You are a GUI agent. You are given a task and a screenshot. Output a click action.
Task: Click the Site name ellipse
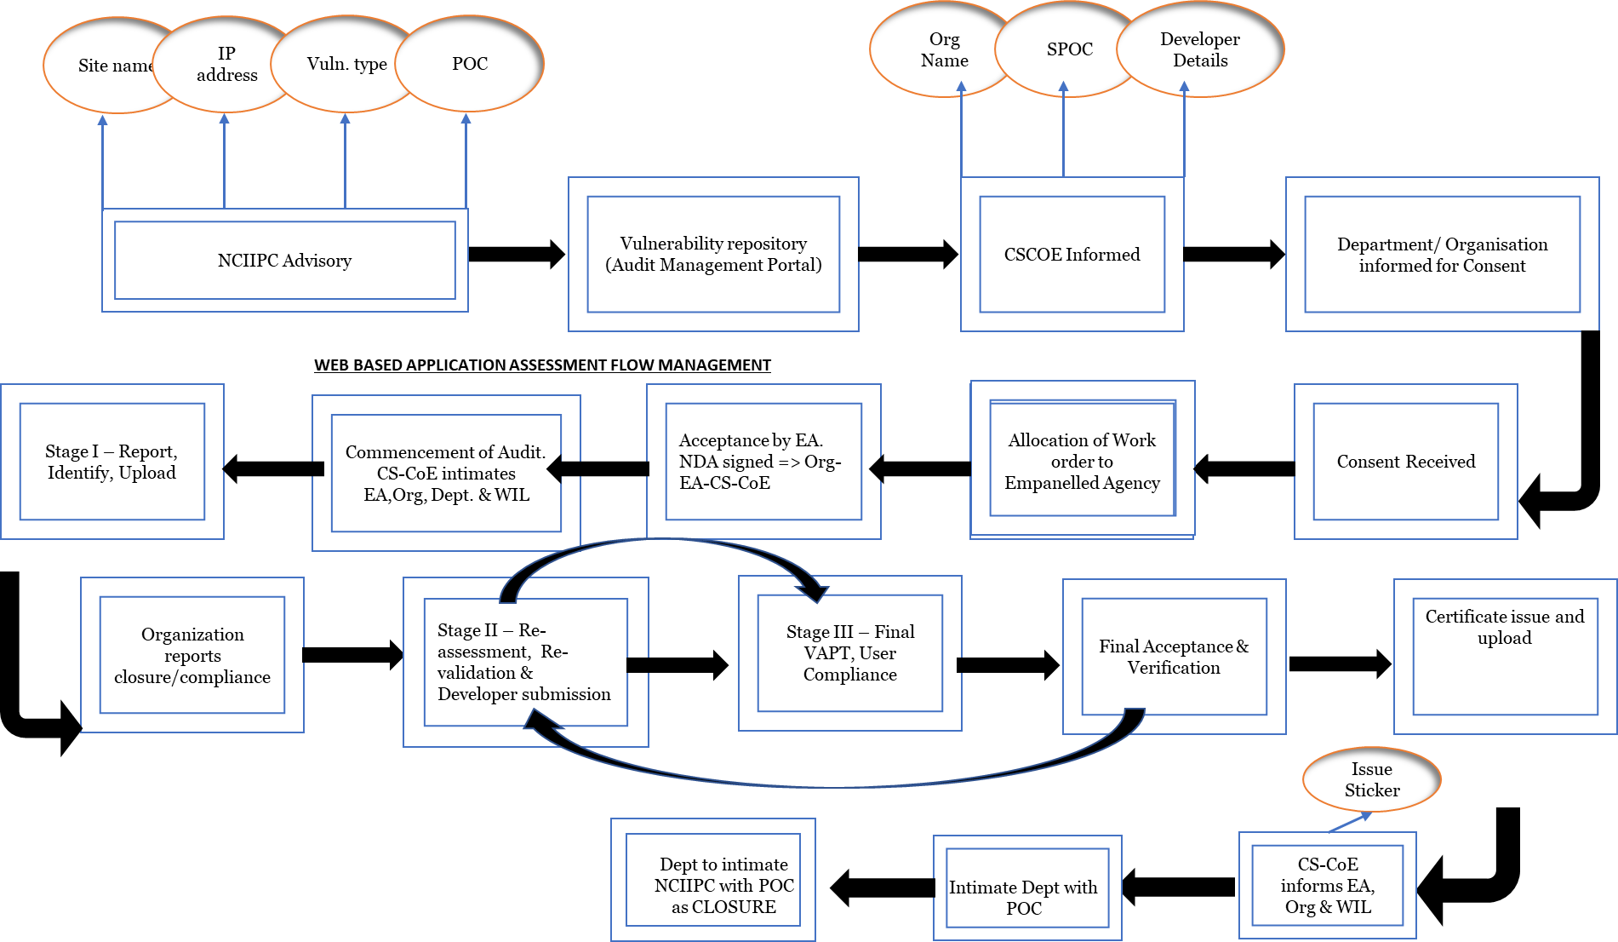tap(102, 66)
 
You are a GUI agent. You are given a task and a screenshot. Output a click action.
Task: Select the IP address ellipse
tap(226, 64)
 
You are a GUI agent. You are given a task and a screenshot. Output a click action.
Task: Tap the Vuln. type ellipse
tap(346, 64)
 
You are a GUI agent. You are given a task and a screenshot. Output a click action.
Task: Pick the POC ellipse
tap(470, 64)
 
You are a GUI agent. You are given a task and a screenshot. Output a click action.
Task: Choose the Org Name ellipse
tap(940, 49)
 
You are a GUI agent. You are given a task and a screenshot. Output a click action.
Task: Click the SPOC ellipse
tap(1069, 49)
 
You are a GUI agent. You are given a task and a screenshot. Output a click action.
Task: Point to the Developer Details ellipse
tap(1200, 49)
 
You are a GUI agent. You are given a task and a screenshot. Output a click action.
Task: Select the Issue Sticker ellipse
tap(1371, 779)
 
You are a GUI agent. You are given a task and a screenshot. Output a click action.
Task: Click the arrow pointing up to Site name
tap(103, 162)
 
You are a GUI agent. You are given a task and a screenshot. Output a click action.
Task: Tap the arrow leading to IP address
tap(224, 162)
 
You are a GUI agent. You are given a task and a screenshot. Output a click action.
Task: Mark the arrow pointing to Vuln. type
tap(345, 162)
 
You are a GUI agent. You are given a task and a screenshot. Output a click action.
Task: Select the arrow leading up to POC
tap(466, 162)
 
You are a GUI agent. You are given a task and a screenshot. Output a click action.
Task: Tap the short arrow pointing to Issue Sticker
tap(1350, 823)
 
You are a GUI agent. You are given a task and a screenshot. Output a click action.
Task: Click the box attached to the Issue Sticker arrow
tap(1327, 886)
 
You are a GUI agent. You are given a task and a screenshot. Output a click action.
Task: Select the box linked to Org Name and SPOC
tap(1072, 254)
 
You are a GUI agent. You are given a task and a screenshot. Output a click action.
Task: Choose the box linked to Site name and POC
tap(284, 260)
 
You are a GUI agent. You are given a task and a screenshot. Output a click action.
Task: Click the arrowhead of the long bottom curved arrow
tap(541, 721)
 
